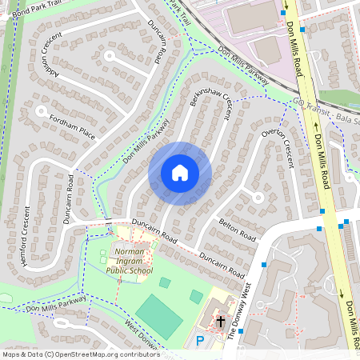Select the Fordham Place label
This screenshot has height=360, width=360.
[x=71, y=127]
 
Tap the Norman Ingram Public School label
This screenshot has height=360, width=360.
[x=129, y=261]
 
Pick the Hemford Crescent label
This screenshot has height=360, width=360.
[x=26, y=237]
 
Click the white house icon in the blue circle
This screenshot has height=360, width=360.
[x=180, y=173]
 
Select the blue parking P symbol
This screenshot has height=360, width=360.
[x=200, y=342]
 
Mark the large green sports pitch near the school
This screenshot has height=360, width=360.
[x=160, y=315]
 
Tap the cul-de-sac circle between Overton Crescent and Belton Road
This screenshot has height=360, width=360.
[x=258, y=196]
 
